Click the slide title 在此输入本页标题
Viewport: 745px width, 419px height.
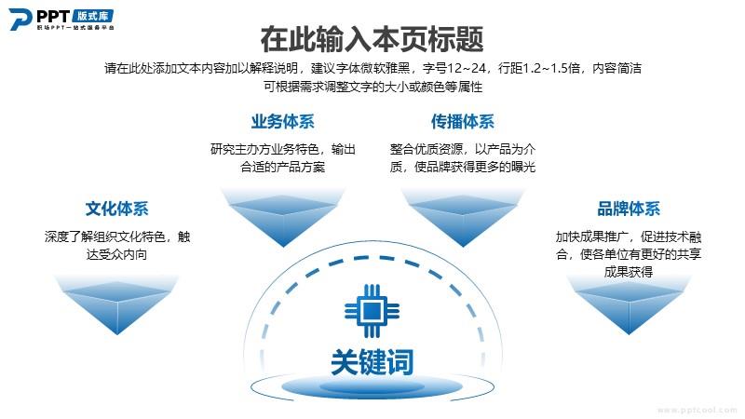pos(372,39)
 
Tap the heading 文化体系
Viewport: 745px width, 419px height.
pos(117,209)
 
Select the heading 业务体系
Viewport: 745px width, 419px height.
pos(283,122)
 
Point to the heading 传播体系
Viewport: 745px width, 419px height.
pos(462,122)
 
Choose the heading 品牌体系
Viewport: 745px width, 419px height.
pos(629,209)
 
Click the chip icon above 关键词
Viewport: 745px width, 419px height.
pos(372,311)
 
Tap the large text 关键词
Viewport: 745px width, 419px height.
pos(372,362)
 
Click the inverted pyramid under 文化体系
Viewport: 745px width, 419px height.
pos(117,305)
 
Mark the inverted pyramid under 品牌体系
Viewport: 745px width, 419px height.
pos(629,305)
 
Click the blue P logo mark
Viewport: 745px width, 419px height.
pos(20,19)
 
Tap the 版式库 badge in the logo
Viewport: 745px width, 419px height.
pos(92,16)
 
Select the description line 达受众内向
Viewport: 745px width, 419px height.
pos(117,254)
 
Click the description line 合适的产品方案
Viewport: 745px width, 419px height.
pos(283,167)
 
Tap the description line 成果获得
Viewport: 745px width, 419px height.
pos(629,272)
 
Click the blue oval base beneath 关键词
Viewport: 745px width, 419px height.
pos(372,386)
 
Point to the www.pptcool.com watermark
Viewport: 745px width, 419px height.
pos(697,410)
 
